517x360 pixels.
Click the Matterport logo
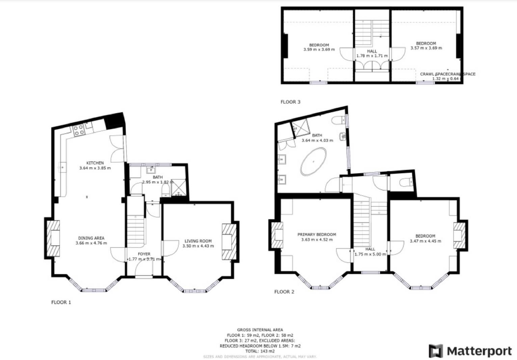(x=470, y=351)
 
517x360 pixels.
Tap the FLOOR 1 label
(x=61, y=302)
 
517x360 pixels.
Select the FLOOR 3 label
(x=290, y=102)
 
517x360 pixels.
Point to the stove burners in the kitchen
(x=79, y=130)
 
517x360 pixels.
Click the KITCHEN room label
(x=95, y=163)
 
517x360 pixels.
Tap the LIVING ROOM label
(x=198, y=241)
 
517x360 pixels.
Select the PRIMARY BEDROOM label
(x=317, y=234)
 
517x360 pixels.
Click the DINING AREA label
(x=91, y=238)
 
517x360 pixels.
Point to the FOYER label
(x=144, y=254)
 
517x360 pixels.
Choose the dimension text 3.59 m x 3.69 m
(x=319, y=50)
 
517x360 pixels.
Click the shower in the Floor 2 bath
(x=301, y=127)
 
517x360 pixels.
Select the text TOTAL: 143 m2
(x=260, y=351)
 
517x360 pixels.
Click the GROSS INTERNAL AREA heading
(x=260, y=330)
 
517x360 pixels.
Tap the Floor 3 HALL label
(x=372, y=51)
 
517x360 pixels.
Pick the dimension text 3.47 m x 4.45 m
(x=425, y=241)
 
